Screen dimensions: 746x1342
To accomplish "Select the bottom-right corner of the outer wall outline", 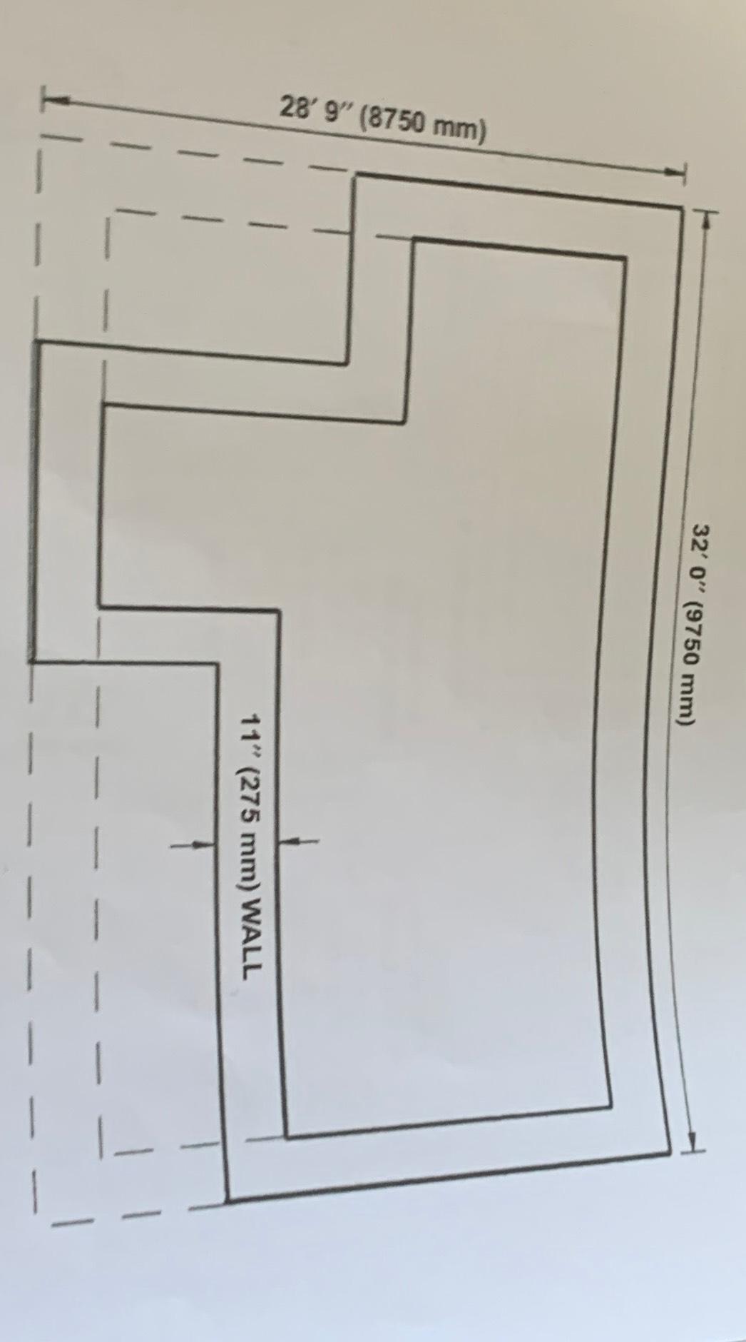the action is [669, 1151].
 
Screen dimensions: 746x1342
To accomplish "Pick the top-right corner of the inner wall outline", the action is [625, 258].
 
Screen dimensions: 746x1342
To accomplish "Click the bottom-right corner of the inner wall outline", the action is [611, 1108].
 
